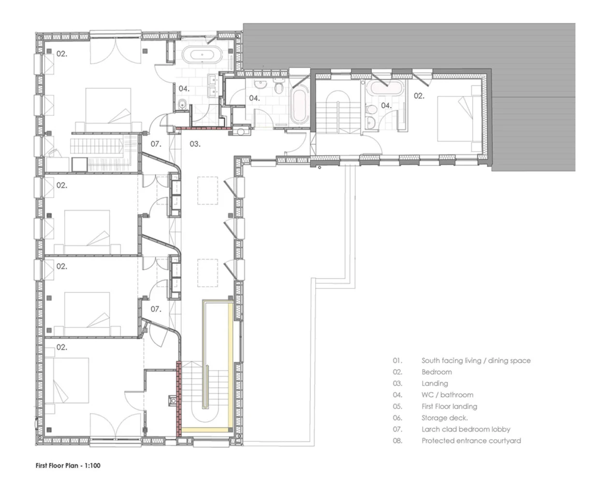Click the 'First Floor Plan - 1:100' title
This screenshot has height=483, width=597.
pos(68,465)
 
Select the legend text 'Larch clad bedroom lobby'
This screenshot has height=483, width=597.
pos(466,429)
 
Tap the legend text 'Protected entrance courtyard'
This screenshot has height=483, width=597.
pos(471,440)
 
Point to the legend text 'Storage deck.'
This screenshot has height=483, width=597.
pos(445,418)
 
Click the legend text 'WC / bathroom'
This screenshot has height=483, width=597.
pos(447,395)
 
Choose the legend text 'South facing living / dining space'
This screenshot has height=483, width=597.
pos(476,361)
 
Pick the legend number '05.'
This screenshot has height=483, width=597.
pos(397,406)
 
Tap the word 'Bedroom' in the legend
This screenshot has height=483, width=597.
pos(437,372)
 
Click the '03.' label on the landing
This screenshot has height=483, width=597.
pos(195,144)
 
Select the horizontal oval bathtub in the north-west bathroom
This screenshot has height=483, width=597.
pos(202,55)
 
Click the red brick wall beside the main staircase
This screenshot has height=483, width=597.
pos(179,399)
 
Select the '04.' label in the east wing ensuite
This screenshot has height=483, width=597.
pos(386,106)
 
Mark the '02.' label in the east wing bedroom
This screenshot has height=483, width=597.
pos(419,96)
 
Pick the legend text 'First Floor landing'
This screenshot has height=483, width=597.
pos(449,406)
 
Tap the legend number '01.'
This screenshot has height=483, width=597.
pos(397,361)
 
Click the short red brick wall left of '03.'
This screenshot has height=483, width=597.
pos(204,128)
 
